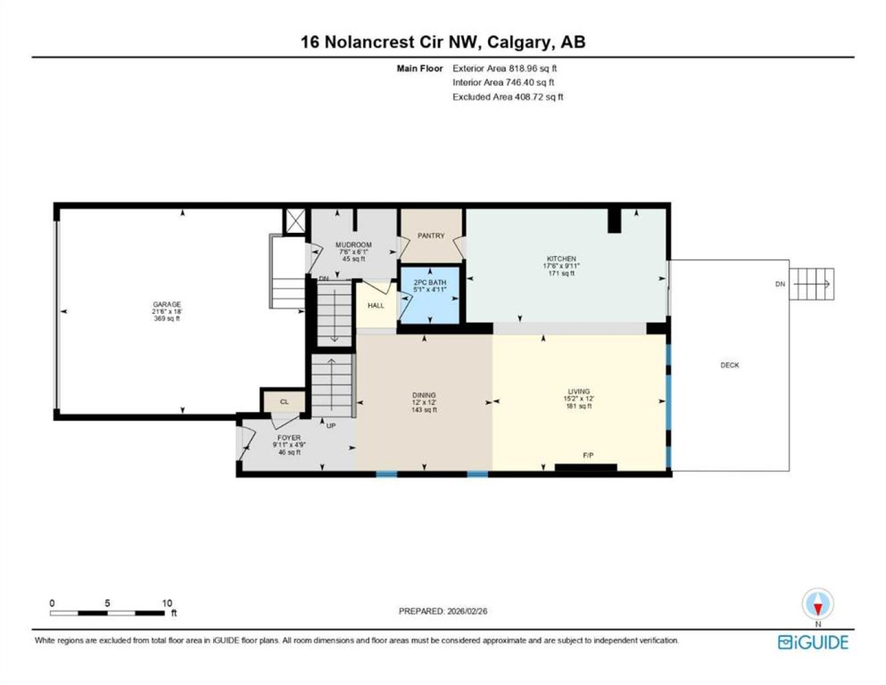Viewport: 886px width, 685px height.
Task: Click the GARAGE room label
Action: [x=167, y=304]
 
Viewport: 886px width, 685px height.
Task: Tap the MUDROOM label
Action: [x=354, y=244]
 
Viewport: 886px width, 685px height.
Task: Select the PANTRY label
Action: [x=431, y=235]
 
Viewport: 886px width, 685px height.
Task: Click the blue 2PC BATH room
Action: [x=430, y=295]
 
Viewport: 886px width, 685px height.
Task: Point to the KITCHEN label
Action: [x=561, y=259]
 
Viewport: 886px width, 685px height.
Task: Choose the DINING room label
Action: [x=424, y=395]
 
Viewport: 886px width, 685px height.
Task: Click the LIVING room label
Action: [x=579, y=391]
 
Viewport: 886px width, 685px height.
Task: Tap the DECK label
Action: [x=729, y=365]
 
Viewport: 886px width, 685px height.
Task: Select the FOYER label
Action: [x=289, y=438]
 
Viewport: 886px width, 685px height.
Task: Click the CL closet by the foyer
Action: [x=284, y=401]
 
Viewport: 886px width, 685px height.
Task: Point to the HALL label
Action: [x=376, y=306]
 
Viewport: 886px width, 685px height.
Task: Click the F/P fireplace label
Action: [x=588, y=455]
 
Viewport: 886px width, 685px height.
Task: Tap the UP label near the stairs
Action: [x=331, y=426]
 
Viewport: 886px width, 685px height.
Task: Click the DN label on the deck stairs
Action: [x=780, y=284]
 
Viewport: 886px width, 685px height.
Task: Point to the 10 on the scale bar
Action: [x=167, y=603]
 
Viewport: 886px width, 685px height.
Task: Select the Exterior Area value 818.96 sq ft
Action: [x=532, y=68]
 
